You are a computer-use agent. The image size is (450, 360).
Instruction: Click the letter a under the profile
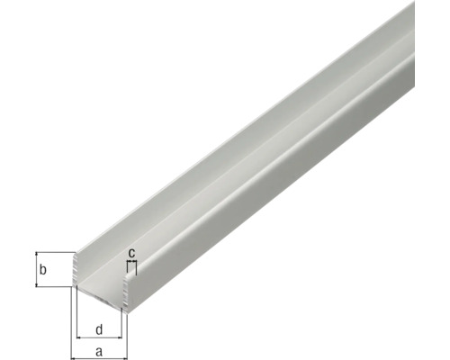pos(98,352)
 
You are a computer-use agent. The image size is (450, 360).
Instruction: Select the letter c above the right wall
pos(131,253)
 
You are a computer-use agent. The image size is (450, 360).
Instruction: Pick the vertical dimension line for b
pos(37,269)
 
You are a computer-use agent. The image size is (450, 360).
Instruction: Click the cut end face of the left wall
pos(75,273)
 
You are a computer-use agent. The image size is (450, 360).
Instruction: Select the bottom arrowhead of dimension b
pos(37,284)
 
